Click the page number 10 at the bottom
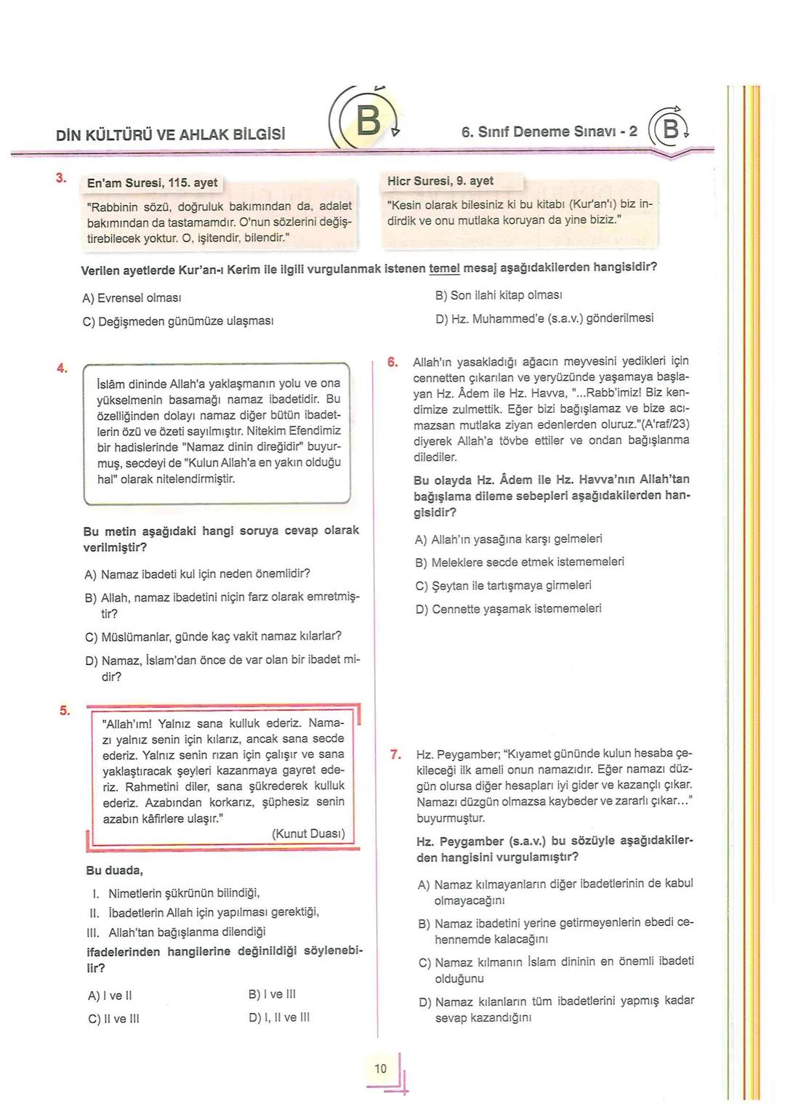click(x=381, y=1068)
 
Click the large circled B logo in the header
click(x=369, y=121)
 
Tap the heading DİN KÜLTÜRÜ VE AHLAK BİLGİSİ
click(x=170, y=134)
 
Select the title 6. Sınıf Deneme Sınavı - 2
click(x=549, y=132)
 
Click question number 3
click(x=62, y=178)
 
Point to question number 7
click(x=396, y=754)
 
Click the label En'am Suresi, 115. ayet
click(x=152, y=183)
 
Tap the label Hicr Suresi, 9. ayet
click(x=440, y=181)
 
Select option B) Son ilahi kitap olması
click(x=499, y=295)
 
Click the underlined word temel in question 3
click(x=444, y=267)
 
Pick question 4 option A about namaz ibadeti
click(x=198, y=574)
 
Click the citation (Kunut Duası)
click(x=308, y=834)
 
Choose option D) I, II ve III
click(x=279, y=1017)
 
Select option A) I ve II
click(x=110, y=996)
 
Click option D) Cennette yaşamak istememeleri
click(x=508, y=609)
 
